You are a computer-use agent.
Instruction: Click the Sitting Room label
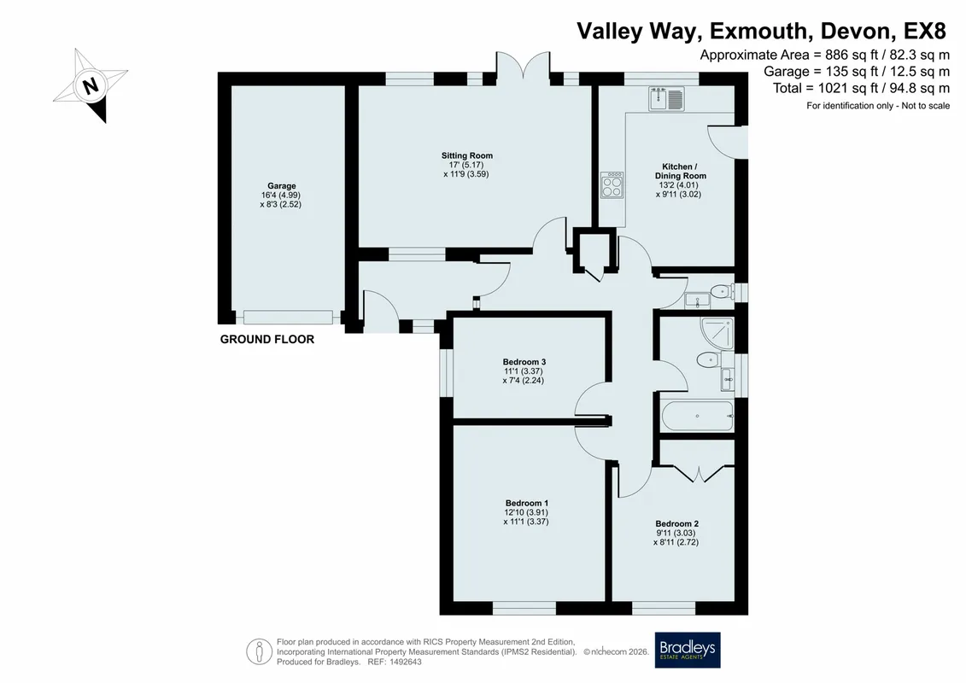(466, 156)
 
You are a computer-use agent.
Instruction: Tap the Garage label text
(282, 186)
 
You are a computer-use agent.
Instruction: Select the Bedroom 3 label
(524, 362)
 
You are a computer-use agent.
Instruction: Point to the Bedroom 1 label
(527, 503)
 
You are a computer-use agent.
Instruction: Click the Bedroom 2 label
(676, 524)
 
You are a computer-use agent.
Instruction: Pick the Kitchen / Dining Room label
(680, 172)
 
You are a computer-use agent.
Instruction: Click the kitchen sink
(666, 98)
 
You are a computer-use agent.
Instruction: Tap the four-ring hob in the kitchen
(612, 184)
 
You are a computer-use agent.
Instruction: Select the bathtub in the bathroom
(698, 417)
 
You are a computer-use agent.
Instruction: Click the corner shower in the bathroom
(717, 333)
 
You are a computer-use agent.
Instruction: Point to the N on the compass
(91, 85)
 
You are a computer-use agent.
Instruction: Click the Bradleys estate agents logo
(687, 650)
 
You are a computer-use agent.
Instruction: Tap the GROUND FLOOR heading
(267, 339)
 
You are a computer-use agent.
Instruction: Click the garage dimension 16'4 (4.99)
(280, 196)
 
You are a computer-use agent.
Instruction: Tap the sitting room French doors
(523, 66)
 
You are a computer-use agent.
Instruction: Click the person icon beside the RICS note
(260, 651)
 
